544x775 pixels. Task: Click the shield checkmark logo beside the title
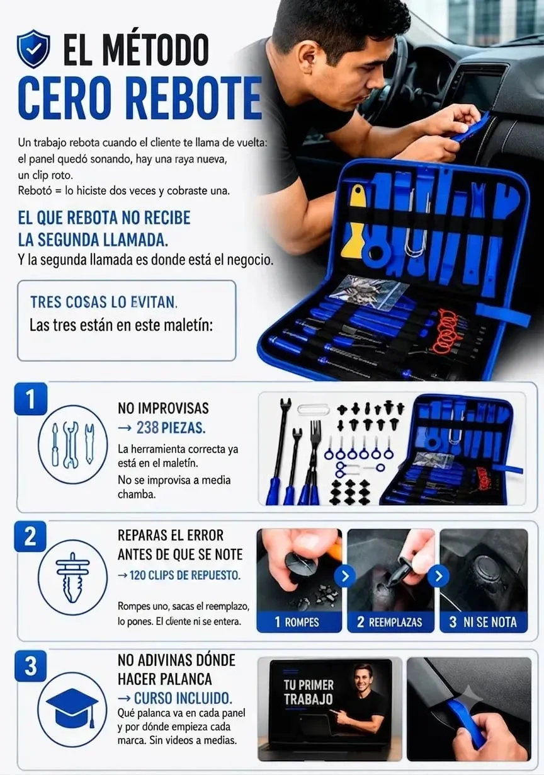tap(33, 49)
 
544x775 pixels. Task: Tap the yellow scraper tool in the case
tap(354, 221)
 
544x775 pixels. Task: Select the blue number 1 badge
tap(30, 399)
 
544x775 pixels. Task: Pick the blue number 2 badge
tap(30, 536)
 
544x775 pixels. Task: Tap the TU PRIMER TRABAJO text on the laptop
tap(309, 692)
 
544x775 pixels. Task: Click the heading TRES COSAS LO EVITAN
tap(104, 302)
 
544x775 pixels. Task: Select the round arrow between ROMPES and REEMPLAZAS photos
tap(345, 576)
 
